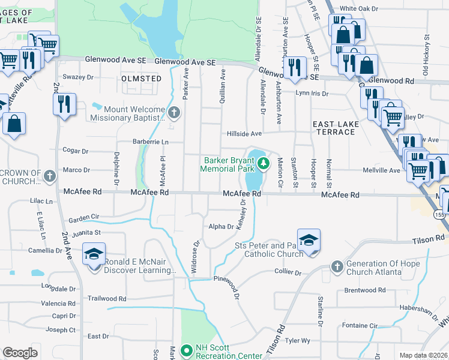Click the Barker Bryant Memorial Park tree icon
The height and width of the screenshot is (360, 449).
262,163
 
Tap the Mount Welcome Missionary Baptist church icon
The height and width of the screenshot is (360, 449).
174,112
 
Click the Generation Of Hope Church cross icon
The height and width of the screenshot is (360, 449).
337,266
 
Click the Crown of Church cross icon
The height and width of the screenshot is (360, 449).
50,176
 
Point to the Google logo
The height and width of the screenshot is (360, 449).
20,353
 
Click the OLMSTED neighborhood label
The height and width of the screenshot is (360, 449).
141,79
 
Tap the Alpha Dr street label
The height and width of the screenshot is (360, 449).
220,227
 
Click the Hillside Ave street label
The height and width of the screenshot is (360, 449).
244,134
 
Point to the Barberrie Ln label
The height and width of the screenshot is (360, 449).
151,142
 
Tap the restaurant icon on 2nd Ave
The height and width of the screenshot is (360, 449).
64,104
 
